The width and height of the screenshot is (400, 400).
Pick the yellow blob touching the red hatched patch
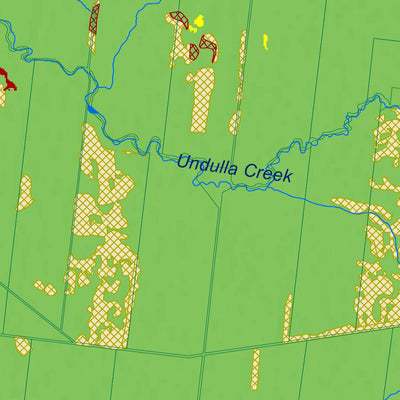pyautogui.click(x=196, y=22)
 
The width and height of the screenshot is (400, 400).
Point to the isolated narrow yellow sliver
pyautogui.click(x=265, y=42)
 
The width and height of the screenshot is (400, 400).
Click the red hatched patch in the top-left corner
pyautogui.click(x=94, y=15)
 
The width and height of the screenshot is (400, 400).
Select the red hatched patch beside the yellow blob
pyautogui.click(x=180, y=17)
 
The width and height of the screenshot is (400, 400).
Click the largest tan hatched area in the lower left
pyautogui.click(x=100, y=250)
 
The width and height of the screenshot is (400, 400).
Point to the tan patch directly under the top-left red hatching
pyautogui.click(x=92, y=40)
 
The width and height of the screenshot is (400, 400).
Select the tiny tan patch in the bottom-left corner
pyautogui.click(x=22, y=346)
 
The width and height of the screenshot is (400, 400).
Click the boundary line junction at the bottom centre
pyautogui.click(x=203, y=354)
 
